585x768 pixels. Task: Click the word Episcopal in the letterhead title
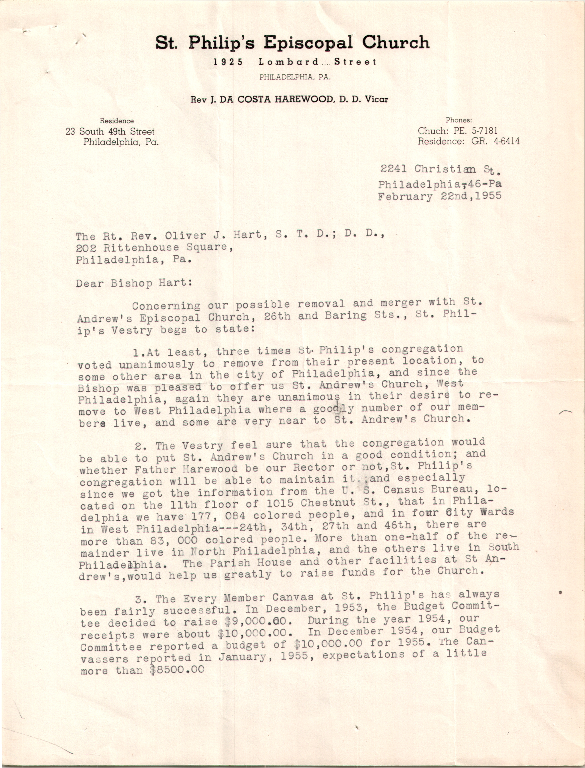click(308, 43)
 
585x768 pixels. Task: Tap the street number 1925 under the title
click(228, 62)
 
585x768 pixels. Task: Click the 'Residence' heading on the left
click(117, 121)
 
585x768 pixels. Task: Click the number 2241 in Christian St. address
click(393, 169)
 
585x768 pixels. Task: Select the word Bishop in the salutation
click(132, 283)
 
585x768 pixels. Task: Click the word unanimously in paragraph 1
click(157, 365)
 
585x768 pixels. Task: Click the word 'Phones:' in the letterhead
click(459, 120)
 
